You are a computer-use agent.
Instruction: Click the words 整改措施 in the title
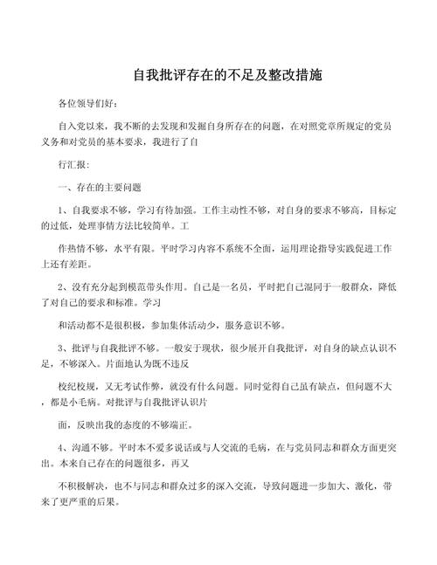coord(291,76)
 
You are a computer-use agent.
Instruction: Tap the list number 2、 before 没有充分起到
coord(63,286)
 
